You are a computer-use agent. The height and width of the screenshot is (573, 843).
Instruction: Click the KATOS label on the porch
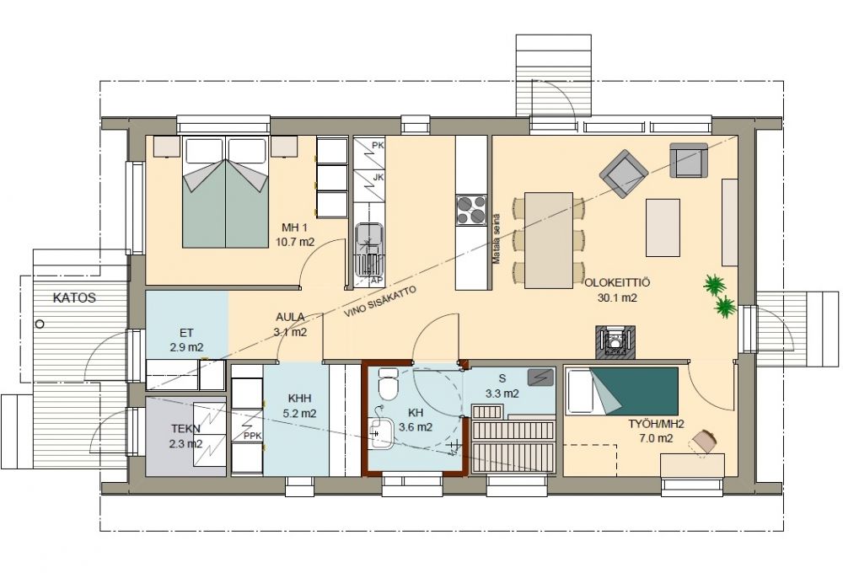pyautogui.click(x=74, y=297)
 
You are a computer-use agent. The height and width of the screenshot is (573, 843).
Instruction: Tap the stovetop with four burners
pyautogui.click(x=471, y=210)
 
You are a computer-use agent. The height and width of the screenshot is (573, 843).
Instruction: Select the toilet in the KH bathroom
pyautogui.click(x=387, y=384)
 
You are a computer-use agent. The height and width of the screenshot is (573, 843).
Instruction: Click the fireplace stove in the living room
pyautogui.click(x=615, y=341)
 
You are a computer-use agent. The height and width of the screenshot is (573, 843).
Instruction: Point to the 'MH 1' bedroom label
pyautogui.click(x=294, y=228)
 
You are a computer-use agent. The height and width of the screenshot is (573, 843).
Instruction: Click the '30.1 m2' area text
pyautogui.click(x=617, y=297)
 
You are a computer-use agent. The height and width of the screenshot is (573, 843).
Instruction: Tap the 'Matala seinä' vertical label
pyautogui.click(x=497, y=238)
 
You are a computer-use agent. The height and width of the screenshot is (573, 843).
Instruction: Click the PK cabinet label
pyautogui.click(x=378, y=145)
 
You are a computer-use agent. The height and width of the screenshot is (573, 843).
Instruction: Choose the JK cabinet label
pyautogui.click(x=378, y=177)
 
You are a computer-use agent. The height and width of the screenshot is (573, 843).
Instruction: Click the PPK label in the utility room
pyautogui.click(x=252, y=436)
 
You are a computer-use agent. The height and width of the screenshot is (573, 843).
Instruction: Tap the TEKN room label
pyautogui.click(x=186, y=428)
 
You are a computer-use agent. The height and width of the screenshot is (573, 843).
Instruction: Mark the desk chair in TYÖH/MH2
pyautogui.click(x=705, y=442)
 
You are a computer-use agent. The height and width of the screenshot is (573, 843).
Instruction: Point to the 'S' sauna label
pyautogui.click(x=502, y=379)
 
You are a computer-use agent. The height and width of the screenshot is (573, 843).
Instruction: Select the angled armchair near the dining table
pyautogui.click(x=624, y=174)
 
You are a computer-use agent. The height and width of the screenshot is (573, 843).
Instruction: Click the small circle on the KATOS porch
pyautogui.click(x=40, y=324)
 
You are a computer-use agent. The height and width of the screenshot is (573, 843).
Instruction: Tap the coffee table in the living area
pyautogui.click(x=663, y=227)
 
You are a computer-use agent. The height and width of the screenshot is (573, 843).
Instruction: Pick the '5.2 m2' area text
pyautogui.click(x=299, y=414)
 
